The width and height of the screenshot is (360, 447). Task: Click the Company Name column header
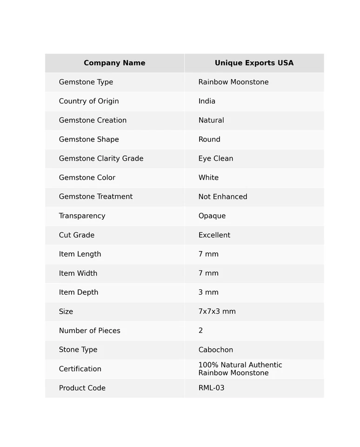pyautogui.click(x=114, y=63)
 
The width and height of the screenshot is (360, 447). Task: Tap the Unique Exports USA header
pyautogui.click(x=254, y=63)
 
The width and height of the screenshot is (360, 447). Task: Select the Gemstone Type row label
pyautogui.click(x=86, y=82)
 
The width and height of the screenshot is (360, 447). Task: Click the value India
pyautogui.click(x=207, y=101)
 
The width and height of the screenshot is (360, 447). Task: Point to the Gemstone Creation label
pyautogui.click(x=93, y=120)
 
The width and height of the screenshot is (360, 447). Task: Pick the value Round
pyautogui.click(x=209, y=139)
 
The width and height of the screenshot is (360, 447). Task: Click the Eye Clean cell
pyautogui.click(x=216, y=158)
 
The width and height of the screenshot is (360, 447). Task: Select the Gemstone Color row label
pyautogui.click(x=87, y=177)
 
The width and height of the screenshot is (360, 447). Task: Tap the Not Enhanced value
pyautogui.click(x=223, y=196)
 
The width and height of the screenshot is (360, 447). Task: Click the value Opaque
pyautogui.click(x=212, y=216)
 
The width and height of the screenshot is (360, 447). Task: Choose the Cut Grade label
pyautogui.click(x=77, y=235)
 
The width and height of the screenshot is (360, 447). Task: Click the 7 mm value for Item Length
pyautogui.click(x=208, y=254)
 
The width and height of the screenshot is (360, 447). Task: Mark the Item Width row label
pyautogui.click(x=78, y=273)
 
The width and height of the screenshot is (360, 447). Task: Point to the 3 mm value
pyautogui.click(x=208, y=292)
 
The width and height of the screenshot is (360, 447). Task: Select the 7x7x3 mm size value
pyautogui.click(x=217, y=312)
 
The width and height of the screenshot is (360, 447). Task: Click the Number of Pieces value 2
pyautogui.click(x=200, y=331)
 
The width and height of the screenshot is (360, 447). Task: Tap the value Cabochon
pyautogui.click(x=216, y=350)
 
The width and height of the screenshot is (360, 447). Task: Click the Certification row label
pyautogui.click(x=80, y=369)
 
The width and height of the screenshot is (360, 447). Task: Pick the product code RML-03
pyautogui.click(x=212, y=388)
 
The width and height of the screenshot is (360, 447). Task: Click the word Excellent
pyautogui.click(x=214, y=235)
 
